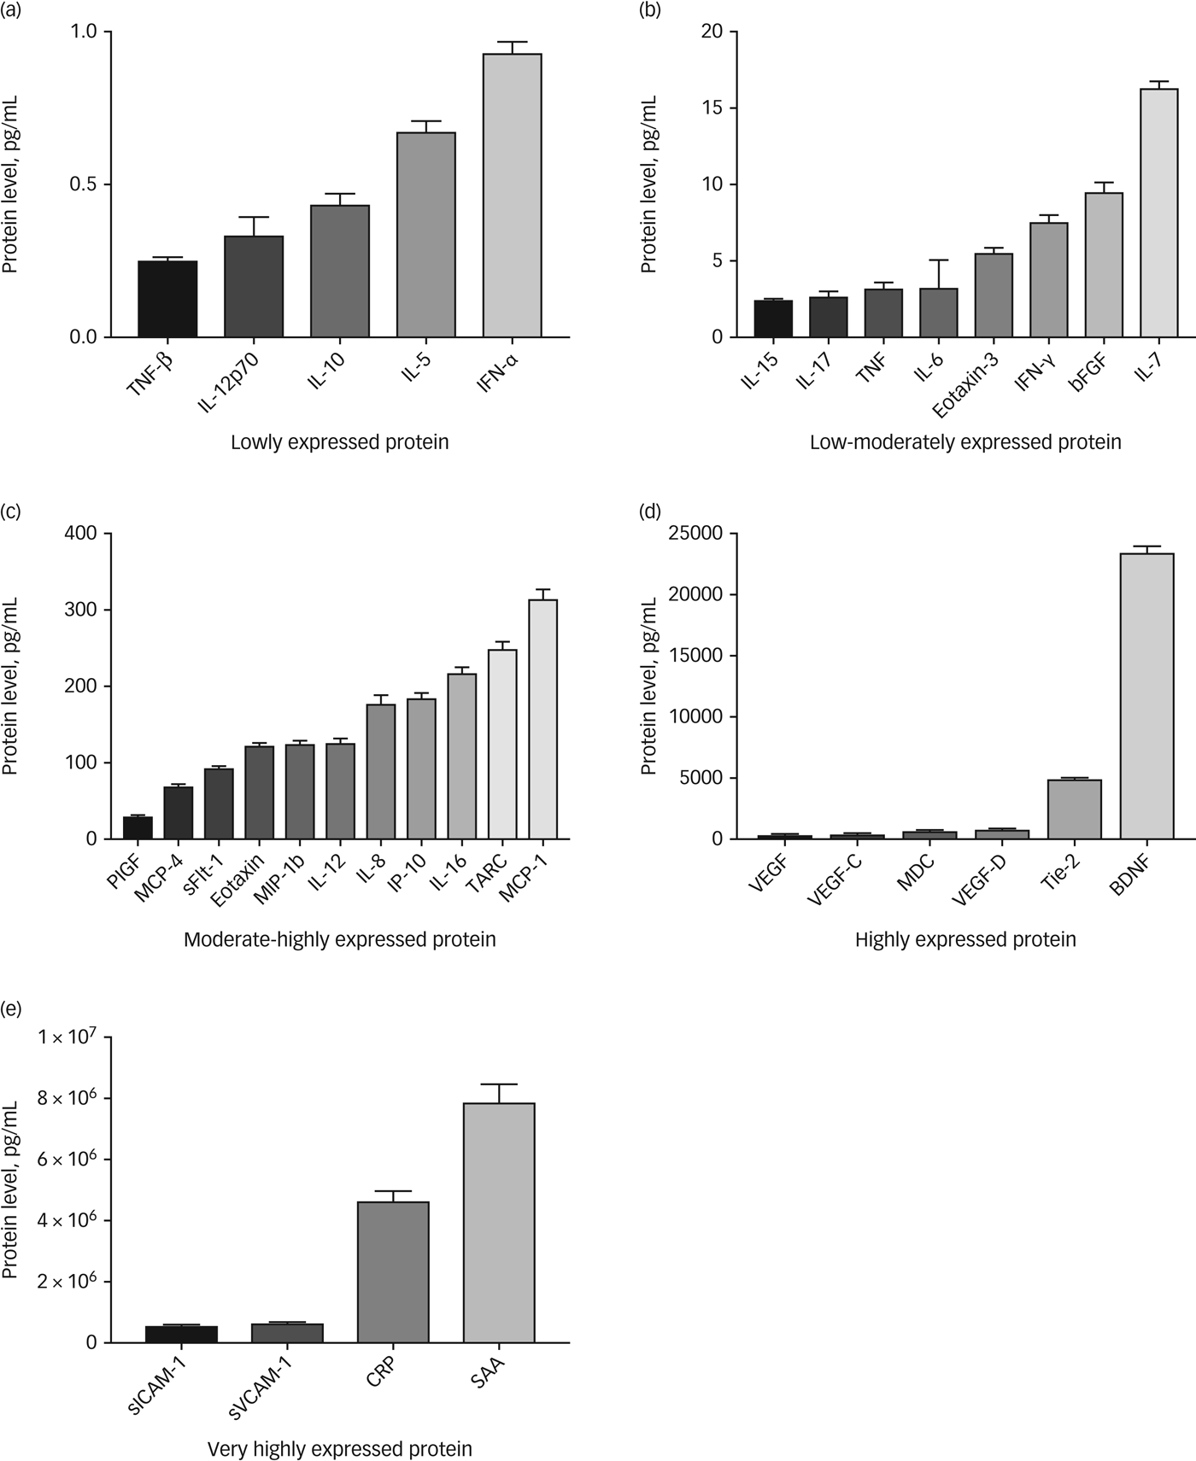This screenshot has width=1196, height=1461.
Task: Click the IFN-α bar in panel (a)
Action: pyautogui.click(x=512, y=196)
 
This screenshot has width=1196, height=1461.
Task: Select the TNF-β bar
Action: pyautogui.click(x=167, y=299)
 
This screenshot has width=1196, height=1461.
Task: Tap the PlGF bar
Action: pyautogui.click(x=138, y=827)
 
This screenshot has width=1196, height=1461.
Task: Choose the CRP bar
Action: pyautogui.click(x=393, y=1272)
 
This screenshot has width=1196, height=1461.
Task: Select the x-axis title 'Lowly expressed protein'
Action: pyautogui.click(x=339, y=442)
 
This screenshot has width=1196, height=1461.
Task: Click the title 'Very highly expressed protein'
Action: pyautogui.click(x=339, y=1449)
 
